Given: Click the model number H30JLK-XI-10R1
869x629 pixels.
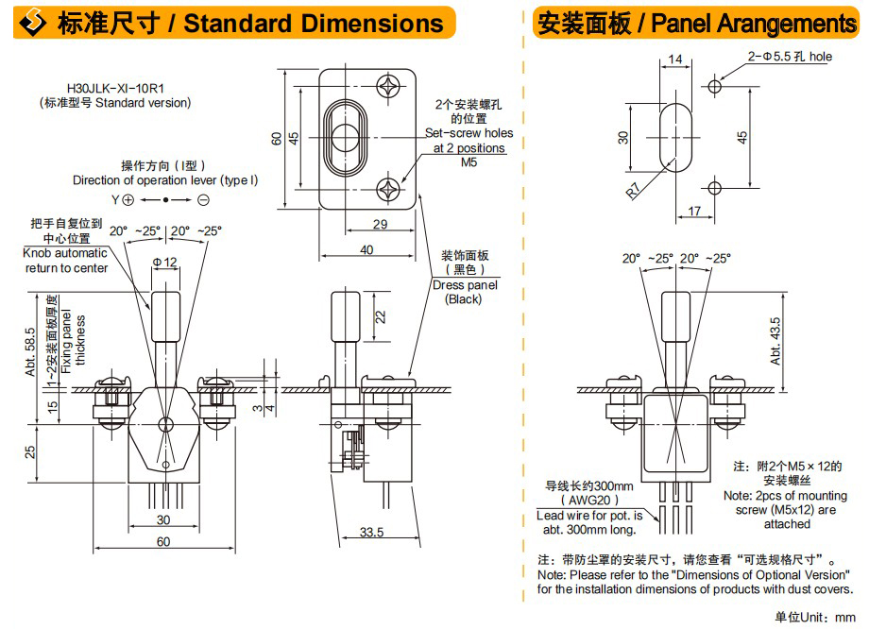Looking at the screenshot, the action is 115,88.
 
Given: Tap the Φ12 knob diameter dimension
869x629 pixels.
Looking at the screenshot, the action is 165,262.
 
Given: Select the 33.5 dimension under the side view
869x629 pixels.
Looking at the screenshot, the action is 371,532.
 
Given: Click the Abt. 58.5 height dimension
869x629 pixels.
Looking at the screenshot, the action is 30,352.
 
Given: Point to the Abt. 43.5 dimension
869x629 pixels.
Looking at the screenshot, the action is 775,341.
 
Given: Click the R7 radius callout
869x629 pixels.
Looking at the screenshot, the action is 634,190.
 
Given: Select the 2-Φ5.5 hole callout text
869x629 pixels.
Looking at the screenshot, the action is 790,57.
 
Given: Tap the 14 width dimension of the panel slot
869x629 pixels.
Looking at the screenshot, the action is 675,59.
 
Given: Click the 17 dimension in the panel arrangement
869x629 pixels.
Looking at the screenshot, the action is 694,212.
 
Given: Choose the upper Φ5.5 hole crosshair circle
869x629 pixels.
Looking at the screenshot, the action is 714,87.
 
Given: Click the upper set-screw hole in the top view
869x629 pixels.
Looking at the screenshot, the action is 388,86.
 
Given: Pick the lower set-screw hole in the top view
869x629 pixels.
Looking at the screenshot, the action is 388,190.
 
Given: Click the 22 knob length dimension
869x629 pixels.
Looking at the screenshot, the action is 380,317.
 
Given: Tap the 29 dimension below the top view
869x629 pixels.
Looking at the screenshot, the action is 380,224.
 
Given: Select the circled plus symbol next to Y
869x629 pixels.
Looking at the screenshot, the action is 128,199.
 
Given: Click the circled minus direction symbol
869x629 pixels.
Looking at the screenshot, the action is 203,199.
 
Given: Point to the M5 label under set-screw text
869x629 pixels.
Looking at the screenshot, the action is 469,162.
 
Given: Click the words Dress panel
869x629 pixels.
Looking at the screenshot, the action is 465,285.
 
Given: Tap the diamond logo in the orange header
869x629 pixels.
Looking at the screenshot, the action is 33,23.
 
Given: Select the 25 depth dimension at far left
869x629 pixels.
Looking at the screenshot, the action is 30,452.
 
